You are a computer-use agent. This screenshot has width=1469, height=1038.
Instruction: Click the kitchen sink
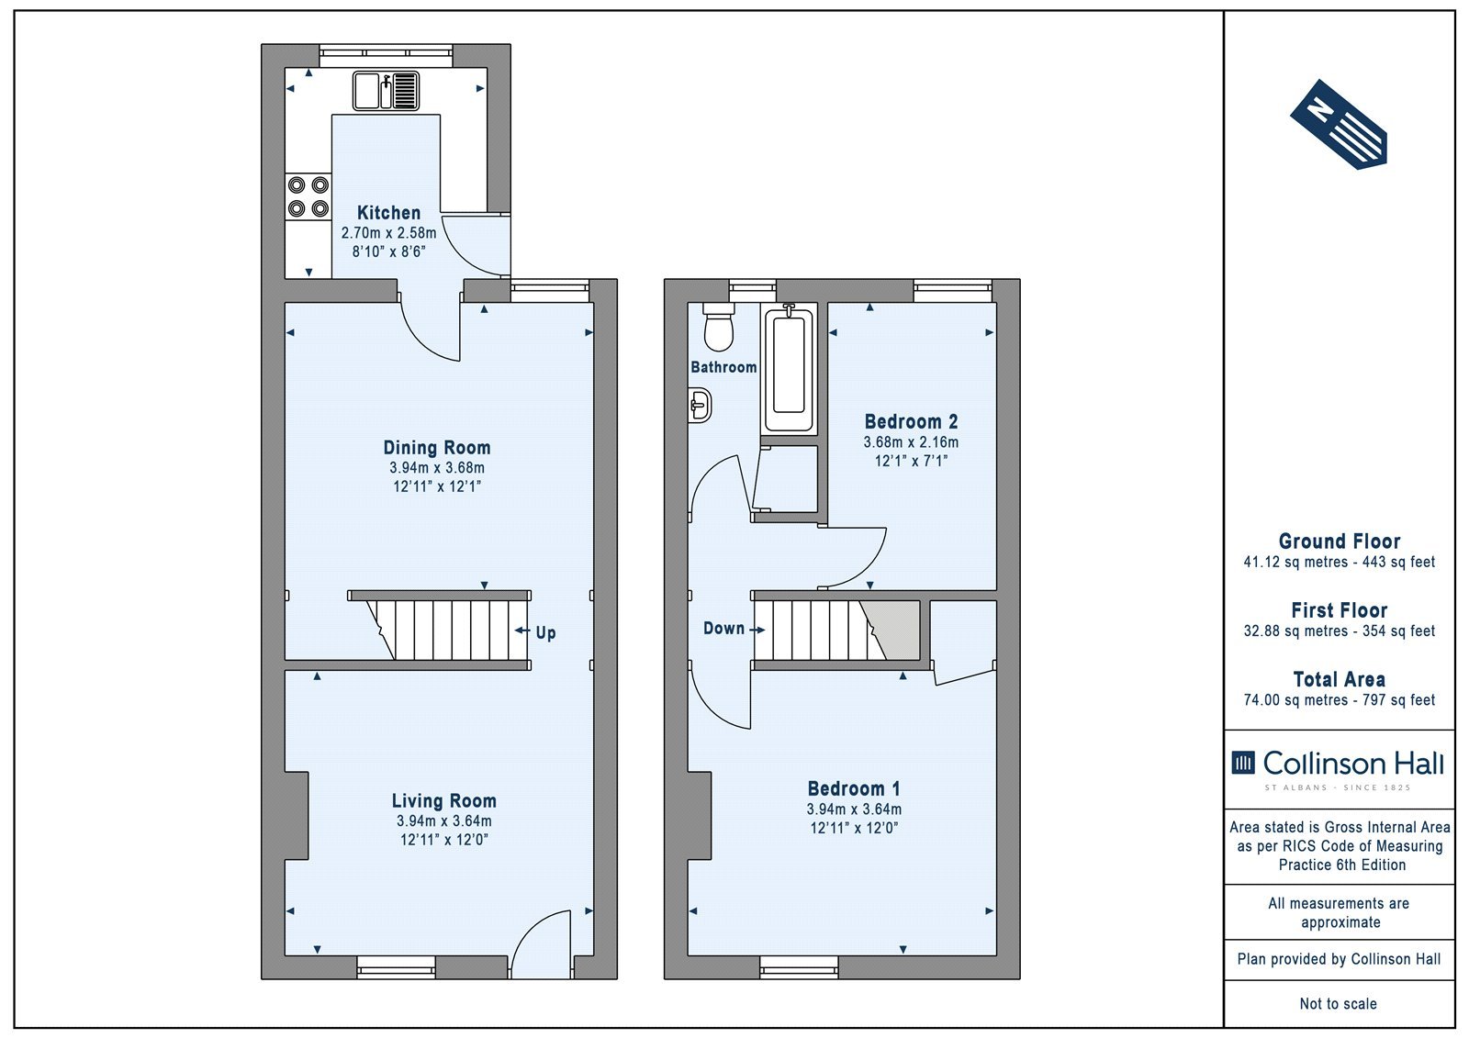[x=387, y=91]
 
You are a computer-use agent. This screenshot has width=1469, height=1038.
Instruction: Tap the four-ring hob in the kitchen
[x=308, y=196]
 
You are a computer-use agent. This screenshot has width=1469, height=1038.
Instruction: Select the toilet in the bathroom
[x=719, y=327]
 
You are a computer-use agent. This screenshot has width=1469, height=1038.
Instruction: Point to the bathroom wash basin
[x=699, y=406]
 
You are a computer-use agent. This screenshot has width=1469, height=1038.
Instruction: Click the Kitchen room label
[x=389, y=212]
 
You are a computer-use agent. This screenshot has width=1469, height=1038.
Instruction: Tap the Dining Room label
[x=437, y=448]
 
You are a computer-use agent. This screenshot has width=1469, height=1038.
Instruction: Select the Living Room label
[x=444, y=800]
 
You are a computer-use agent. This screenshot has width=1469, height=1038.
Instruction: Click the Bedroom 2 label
[x=911, y=421]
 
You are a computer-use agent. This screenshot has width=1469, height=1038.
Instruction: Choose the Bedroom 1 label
[x=854, y=788]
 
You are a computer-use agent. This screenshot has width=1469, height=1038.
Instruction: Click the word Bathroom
[x=723, y=367]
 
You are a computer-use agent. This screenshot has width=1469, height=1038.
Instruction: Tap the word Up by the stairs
[x=545, y=632]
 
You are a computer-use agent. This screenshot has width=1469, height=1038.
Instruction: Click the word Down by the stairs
[x=724, y=628]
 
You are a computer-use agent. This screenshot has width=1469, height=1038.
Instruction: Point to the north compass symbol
[x=1339, y=125]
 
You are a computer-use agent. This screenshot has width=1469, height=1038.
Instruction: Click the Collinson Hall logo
[x=1338, y=769]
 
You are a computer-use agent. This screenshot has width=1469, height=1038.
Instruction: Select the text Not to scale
[x=1338, y=1003]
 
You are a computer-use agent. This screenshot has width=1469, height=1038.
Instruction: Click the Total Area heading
[x=1340, y=679]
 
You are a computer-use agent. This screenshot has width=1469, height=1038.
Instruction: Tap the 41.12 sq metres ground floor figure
[x=1285, y=562]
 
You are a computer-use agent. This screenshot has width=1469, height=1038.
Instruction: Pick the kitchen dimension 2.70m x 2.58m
[x=389, y=233]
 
